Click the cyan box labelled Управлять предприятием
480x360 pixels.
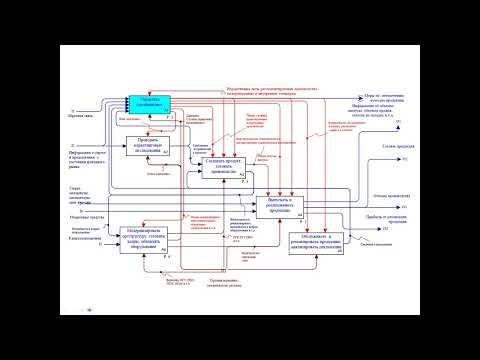click(150, 103)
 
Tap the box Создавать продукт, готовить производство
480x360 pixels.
click(224, 167)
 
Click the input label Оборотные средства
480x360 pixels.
click(83, 218)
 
